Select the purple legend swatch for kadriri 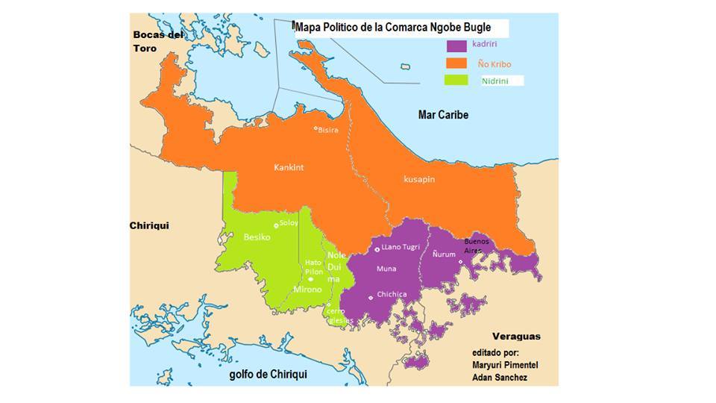[x=456, y=46]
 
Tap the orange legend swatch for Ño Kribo [x=456, y=63]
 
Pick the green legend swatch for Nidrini [x=456, y=81]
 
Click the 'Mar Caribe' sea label [x=443, y=115]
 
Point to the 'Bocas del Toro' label [x=157, y=41]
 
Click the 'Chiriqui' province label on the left [x=149, y=225]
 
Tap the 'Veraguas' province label [x=516, y=336]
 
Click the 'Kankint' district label [x=289, y=168]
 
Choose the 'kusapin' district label [x=418, y=180]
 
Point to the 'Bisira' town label [x=328, y=130]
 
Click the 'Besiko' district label [x=257, y=237]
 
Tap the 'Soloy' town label [x=289, y=222]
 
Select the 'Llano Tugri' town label [x=401, y=247]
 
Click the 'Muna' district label [x=386, y=268]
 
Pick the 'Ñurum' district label [x=445, y=254]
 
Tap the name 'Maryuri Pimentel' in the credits [x=505, y=364]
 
